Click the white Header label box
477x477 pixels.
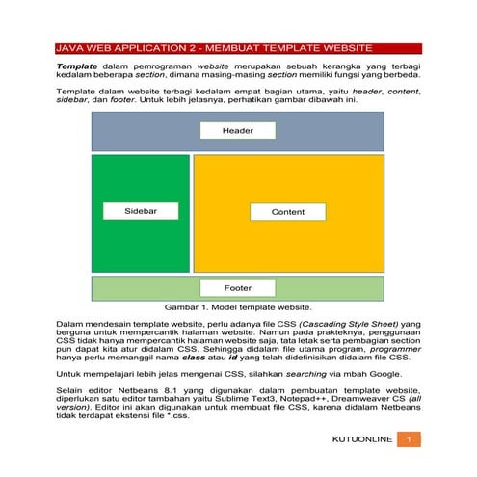tap(237, 130)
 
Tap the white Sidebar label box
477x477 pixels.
tap(141, 210)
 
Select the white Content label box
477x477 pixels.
tap(287, 211)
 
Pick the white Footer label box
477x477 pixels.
tap(237, 287)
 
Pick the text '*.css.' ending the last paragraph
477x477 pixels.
tap(176, 415)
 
